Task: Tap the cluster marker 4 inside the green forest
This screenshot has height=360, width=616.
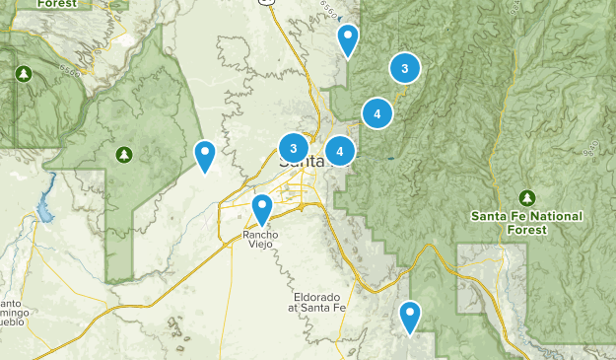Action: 377,114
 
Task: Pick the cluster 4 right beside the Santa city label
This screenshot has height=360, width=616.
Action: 340,151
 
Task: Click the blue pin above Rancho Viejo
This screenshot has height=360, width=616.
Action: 262,209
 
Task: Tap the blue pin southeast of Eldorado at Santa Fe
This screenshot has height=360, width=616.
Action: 410,317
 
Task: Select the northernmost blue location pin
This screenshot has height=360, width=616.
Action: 348,39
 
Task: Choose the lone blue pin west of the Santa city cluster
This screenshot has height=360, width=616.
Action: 205,156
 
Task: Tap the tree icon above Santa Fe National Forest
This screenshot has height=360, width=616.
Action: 527,197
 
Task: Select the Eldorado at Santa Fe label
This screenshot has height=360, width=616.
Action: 321,303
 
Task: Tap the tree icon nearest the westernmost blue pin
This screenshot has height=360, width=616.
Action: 123,154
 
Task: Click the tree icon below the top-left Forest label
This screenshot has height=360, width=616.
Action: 23,74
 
